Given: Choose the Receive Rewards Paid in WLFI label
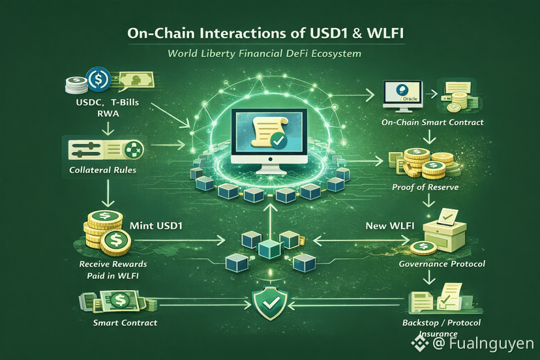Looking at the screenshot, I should click(112, 270).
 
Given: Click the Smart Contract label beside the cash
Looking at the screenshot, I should click(125, 322).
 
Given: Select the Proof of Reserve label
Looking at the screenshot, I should click(425, 187).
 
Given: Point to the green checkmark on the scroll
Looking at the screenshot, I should click(279, 140).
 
